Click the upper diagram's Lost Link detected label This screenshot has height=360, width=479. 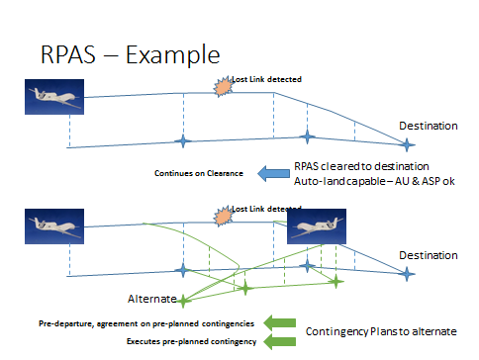266,79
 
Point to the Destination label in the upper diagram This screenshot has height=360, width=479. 428,126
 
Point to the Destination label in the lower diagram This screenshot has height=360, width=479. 428,255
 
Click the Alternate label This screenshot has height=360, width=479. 151,297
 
